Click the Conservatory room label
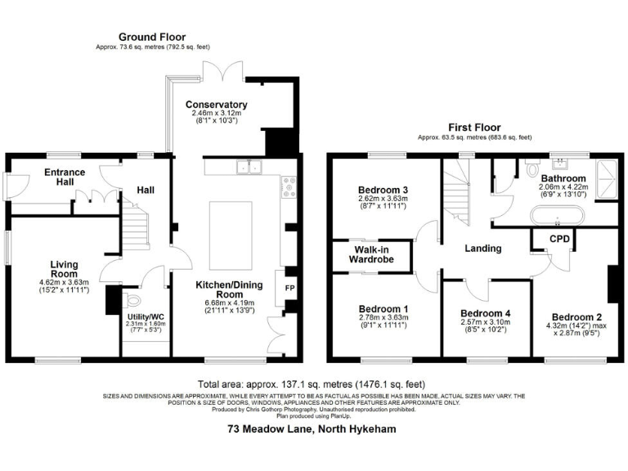point(216,105)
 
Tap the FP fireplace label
point(289,289)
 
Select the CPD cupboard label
point(559,239)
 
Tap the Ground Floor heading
point(152,37)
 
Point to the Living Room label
point(64,269)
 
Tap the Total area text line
point(312,384)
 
